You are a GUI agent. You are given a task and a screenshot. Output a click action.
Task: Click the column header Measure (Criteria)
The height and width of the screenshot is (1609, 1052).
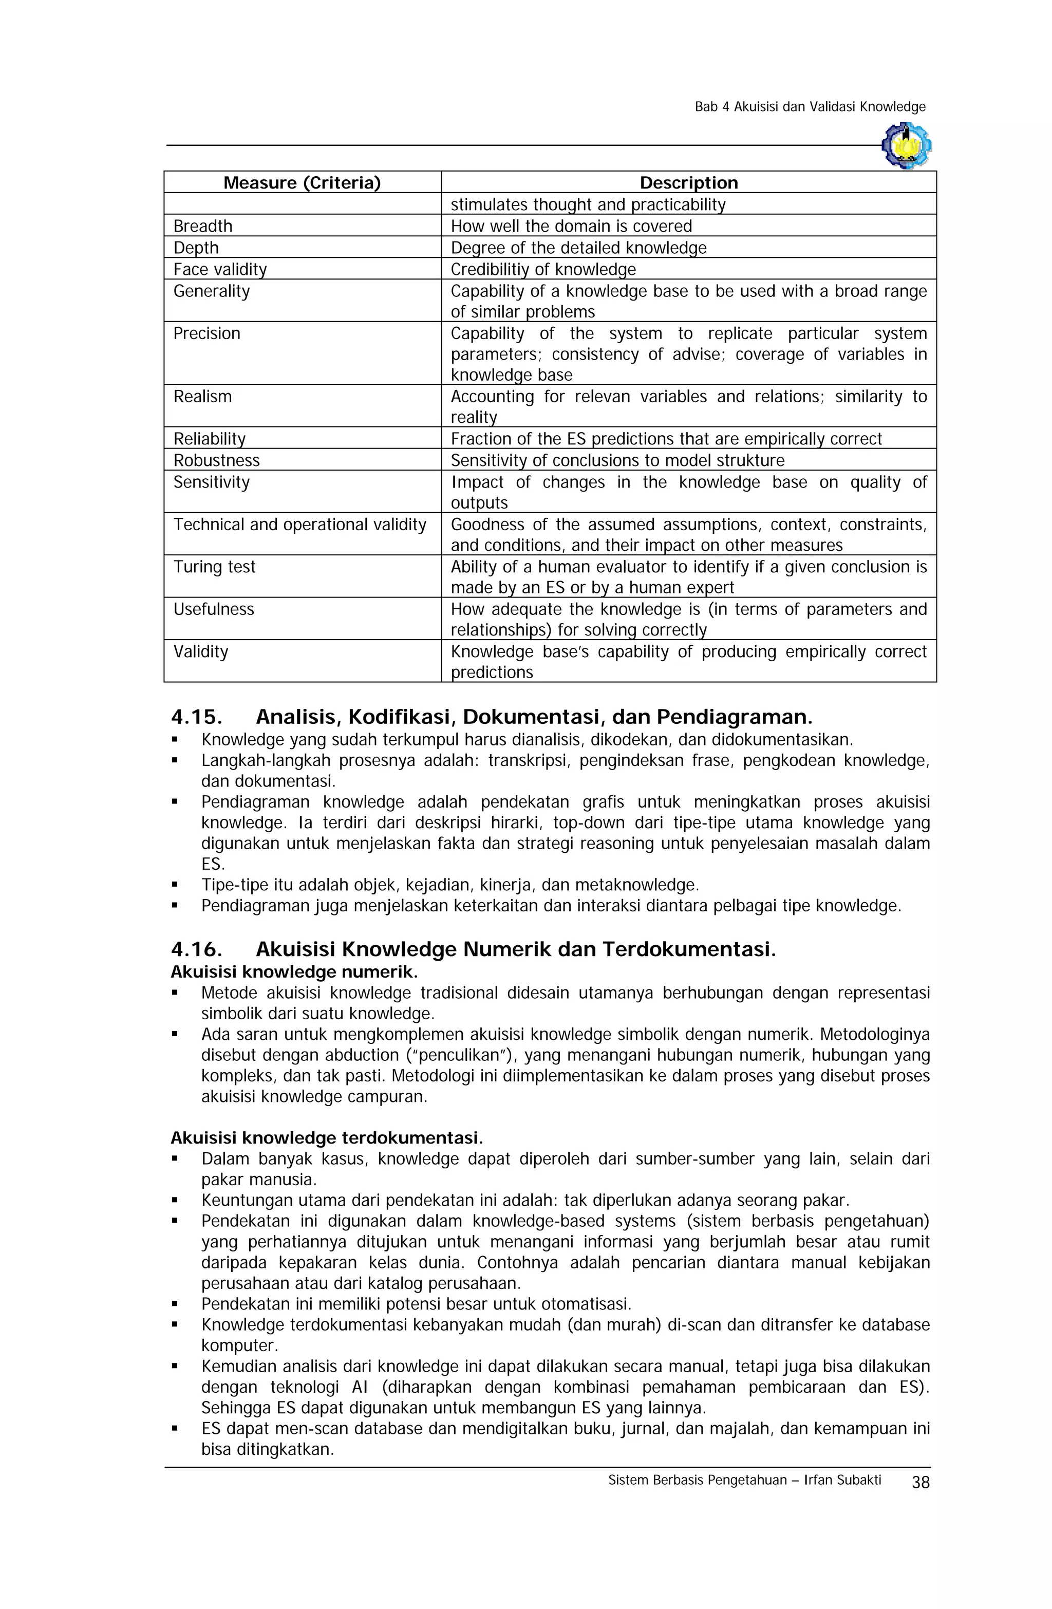tap(302, 182)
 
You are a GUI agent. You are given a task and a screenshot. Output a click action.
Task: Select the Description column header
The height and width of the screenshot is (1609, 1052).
tap(688, 182)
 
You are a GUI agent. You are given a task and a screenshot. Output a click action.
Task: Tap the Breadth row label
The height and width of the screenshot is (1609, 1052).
tap(202, 226)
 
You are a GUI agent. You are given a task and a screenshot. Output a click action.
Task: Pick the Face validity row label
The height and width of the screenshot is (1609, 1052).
tap(220, 269)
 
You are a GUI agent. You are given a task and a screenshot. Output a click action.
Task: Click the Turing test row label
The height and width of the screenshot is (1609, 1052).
tap(214, 567)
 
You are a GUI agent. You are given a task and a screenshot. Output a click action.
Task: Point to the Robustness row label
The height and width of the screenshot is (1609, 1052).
tap(216, 460)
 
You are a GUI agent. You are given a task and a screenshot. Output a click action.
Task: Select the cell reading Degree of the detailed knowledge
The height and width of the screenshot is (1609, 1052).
tap(577, 248)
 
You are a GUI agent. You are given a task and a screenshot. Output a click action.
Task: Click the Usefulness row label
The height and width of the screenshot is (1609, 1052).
tap(213, 609)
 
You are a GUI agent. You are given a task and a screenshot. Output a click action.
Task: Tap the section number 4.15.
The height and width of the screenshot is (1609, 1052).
tap(196, 717)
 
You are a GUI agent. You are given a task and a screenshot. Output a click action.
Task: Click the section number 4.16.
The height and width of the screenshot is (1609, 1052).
tap(196, 949)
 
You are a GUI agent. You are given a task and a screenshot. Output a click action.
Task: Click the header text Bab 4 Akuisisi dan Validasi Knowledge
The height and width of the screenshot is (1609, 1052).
tap(809, 107)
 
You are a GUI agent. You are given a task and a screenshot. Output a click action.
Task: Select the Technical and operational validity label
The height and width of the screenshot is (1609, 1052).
tap(299, 525)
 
